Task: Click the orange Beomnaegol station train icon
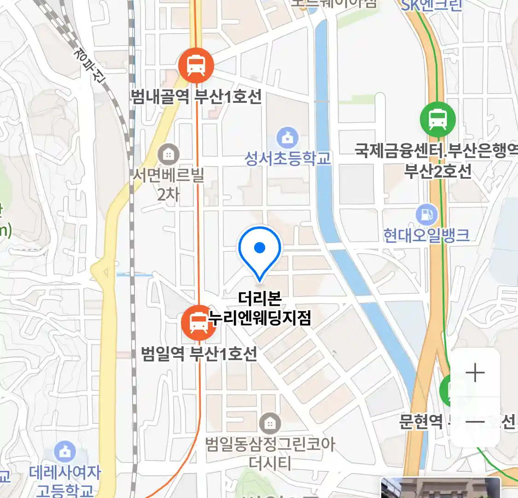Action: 196,65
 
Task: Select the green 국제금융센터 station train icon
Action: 437,119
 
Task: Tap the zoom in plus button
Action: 475,373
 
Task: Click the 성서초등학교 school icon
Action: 287,137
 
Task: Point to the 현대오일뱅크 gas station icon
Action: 427,214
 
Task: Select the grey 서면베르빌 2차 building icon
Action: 169,154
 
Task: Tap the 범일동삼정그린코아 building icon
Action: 270,423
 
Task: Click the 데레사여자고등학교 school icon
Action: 65,452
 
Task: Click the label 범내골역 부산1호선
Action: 197,97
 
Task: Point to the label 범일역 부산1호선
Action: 199,354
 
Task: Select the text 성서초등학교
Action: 287,158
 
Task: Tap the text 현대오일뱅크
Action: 426,235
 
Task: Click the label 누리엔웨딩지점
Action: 260,317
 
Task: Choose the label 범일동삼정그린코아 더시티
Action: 270,453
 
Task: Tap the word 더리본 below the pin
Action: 260,298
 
